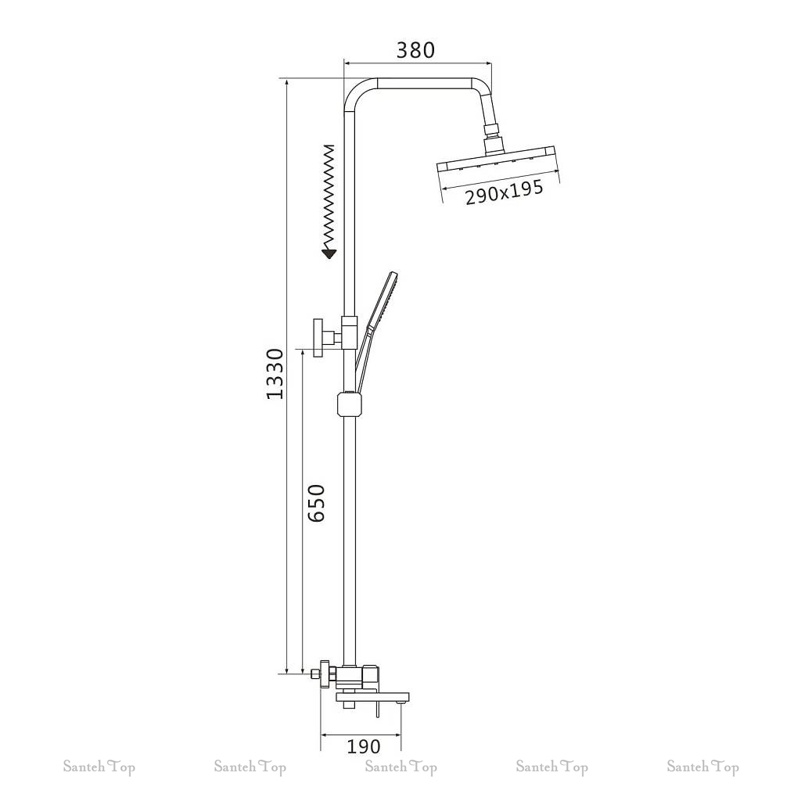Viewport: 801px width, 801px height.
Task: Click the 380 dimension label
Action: pyautogui.click(x=415, y=50)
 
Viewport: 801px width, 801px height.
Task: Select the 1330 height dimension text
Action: pyautogui.click(x=275, y=374)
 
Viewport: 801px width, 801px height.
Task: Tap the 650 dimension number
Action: pyautogui.click(x=317, y=503)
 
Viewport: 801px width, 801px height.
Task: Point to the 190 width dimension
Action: pyautogui.click(x=364, y=746)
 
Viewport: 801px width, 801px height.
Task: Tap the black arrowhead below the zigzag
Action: pyautogui.click(x=329, y=253)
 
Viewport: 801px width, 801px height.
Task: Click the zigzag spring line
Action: pyautogui.click(x=329, y=196)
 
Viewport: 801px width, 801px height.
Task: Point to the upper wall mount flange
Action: pyautogui.click(x=319, y=338)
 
